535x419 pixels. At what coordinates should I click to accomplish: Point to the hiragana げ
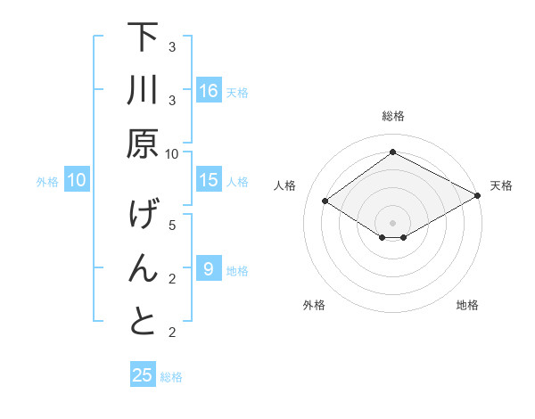pyautogui.click(x=143, y=217)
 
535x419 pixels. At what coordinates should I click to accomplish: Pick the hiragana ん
pyautogui.click(x=143, y=268)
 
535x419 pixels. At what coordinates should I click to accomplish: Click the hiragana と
pyautogui.click(x=143, y=321)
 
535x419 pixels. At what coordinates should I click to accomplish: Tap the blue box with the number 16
pyautogui.click(x=209, y=91)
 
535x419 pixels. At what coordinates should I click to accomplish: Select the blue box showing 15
pyautogui.click(x=209, y=180)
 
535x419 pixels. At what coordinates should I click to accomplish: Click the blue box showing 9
pyautogui.click(x=209, y=268)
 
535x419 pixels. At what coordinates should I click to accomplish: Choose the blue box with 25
pyautogui.click(x=143, y=375)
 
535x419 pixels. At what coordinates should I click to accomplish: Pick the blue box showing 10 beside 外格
pyautogui.click(x=77, y=180)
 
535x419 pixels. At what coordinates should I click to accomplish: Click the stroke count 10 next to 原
pyautogui.click(x=172, y=153)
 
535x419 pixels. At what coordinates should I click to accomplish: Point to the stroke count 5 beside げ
pyautogui.click(x=172, y=226)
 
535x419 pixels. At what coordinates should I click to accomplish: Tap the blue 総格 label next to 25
pyautogui.click(x=171, y=377)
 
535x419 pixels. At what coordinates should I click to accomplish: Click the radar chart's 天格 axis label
pyautogui.click(x=501, y=185)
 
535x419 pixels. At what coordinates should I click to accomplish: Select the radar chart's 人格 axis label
pyautogui.click(x=285, y=185)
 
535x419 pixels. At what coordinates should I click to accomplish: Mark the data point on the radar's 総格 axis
pyautogui.click(x=392, y=152)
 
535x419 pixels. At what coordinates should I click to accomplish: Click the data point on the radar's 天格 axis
pyautogui.click(x=478, y=195)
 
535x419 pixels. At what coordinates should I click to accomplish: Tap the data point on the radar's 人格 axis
pyautogui.click(x=325, y=201)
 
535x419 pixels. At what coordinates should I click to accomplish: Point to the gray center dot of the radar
pyautogui.click(x=392, y=222)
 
